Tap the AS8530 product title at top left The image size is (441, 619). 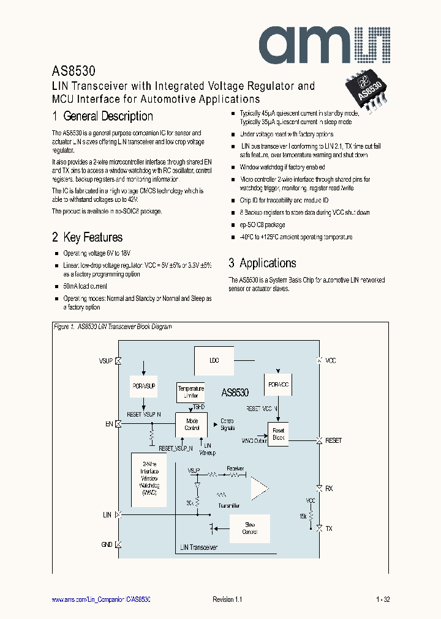pos(73,72)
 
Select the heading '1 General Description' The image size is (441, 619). pos(102,116)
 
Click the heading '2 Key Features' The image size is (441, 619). pos(87,237)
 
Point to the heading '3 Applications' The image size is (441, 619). pos(262,263)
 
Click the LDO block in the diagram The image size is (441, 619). pos(214,360)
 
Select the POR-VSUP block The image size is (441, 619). pos(145,387)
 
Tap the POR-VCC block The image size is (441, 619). pos(279,384)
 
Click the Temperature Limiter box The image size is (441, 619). pos(191,391)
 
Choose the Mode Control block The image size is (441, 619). pos(192,424)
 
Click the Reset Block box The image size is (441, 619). pos(279,434)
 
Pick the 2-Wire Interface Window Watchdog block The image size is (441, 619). pos(149,479)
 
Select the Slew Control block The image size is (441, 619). pos(250,528)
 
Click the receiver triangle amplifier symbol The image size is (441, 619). pos(258,487)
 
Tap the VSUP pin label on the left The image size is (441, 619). pos(106,361)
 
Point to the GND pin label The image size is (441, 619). pos(107,544)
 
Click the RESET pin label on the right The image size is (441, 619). pos(333,440)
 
